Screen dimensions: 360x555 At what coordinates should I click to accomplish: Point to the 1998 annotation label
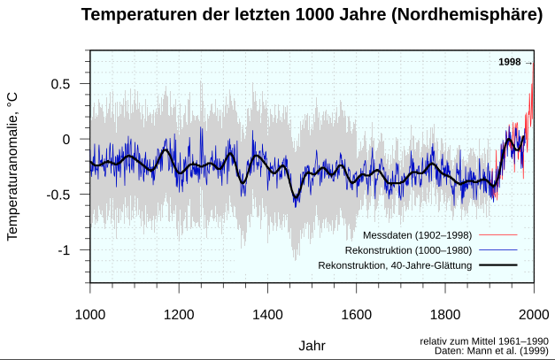510,62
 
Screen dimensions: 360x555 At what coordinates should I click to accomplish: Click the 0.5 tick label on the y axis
59,84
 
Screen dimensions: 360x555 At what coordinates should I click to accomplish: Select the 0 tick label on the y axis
66,140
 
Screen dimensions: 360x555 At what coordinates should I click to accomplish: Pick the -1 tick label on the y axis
63,251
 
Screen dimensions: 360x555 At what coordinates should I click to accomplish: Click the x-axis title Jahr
312,344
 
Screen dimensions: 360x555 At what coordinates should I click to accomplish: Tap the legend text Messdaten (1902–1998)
417,235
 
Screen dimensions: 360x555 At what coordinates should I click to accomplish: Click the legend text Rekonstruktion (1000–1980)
405,250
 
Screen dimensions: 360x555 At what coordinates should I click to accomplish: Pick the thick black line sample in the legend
497,265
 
